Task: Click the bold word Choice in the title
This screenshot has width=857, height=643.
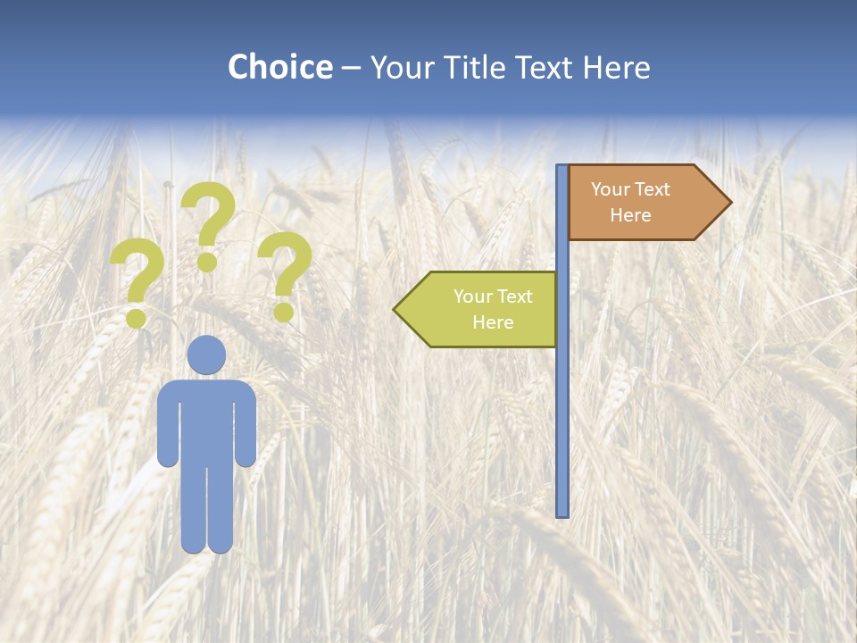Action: (x=279, y=67)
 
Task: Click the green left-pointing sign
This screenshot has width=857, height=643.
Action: (x=482, y=309)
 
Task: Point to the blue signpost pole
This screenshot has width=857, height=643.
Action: (x=562, y=402)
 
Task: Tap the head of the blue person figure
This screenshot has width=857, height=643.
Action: (x=206, y=355)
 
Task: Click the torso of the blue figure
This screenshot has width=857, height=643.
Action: (x=206, y=420)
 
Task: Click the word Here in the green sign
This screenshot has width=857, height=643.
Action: (x=493, y=322)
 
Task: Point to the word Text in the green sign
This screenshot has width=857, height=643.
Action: (x=514, y=296)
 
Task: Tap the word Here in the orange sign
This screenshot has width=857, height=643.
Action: (x=630, y=215)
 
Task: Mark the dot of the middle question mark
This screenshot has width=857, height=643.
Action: (x=207, y=263)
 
